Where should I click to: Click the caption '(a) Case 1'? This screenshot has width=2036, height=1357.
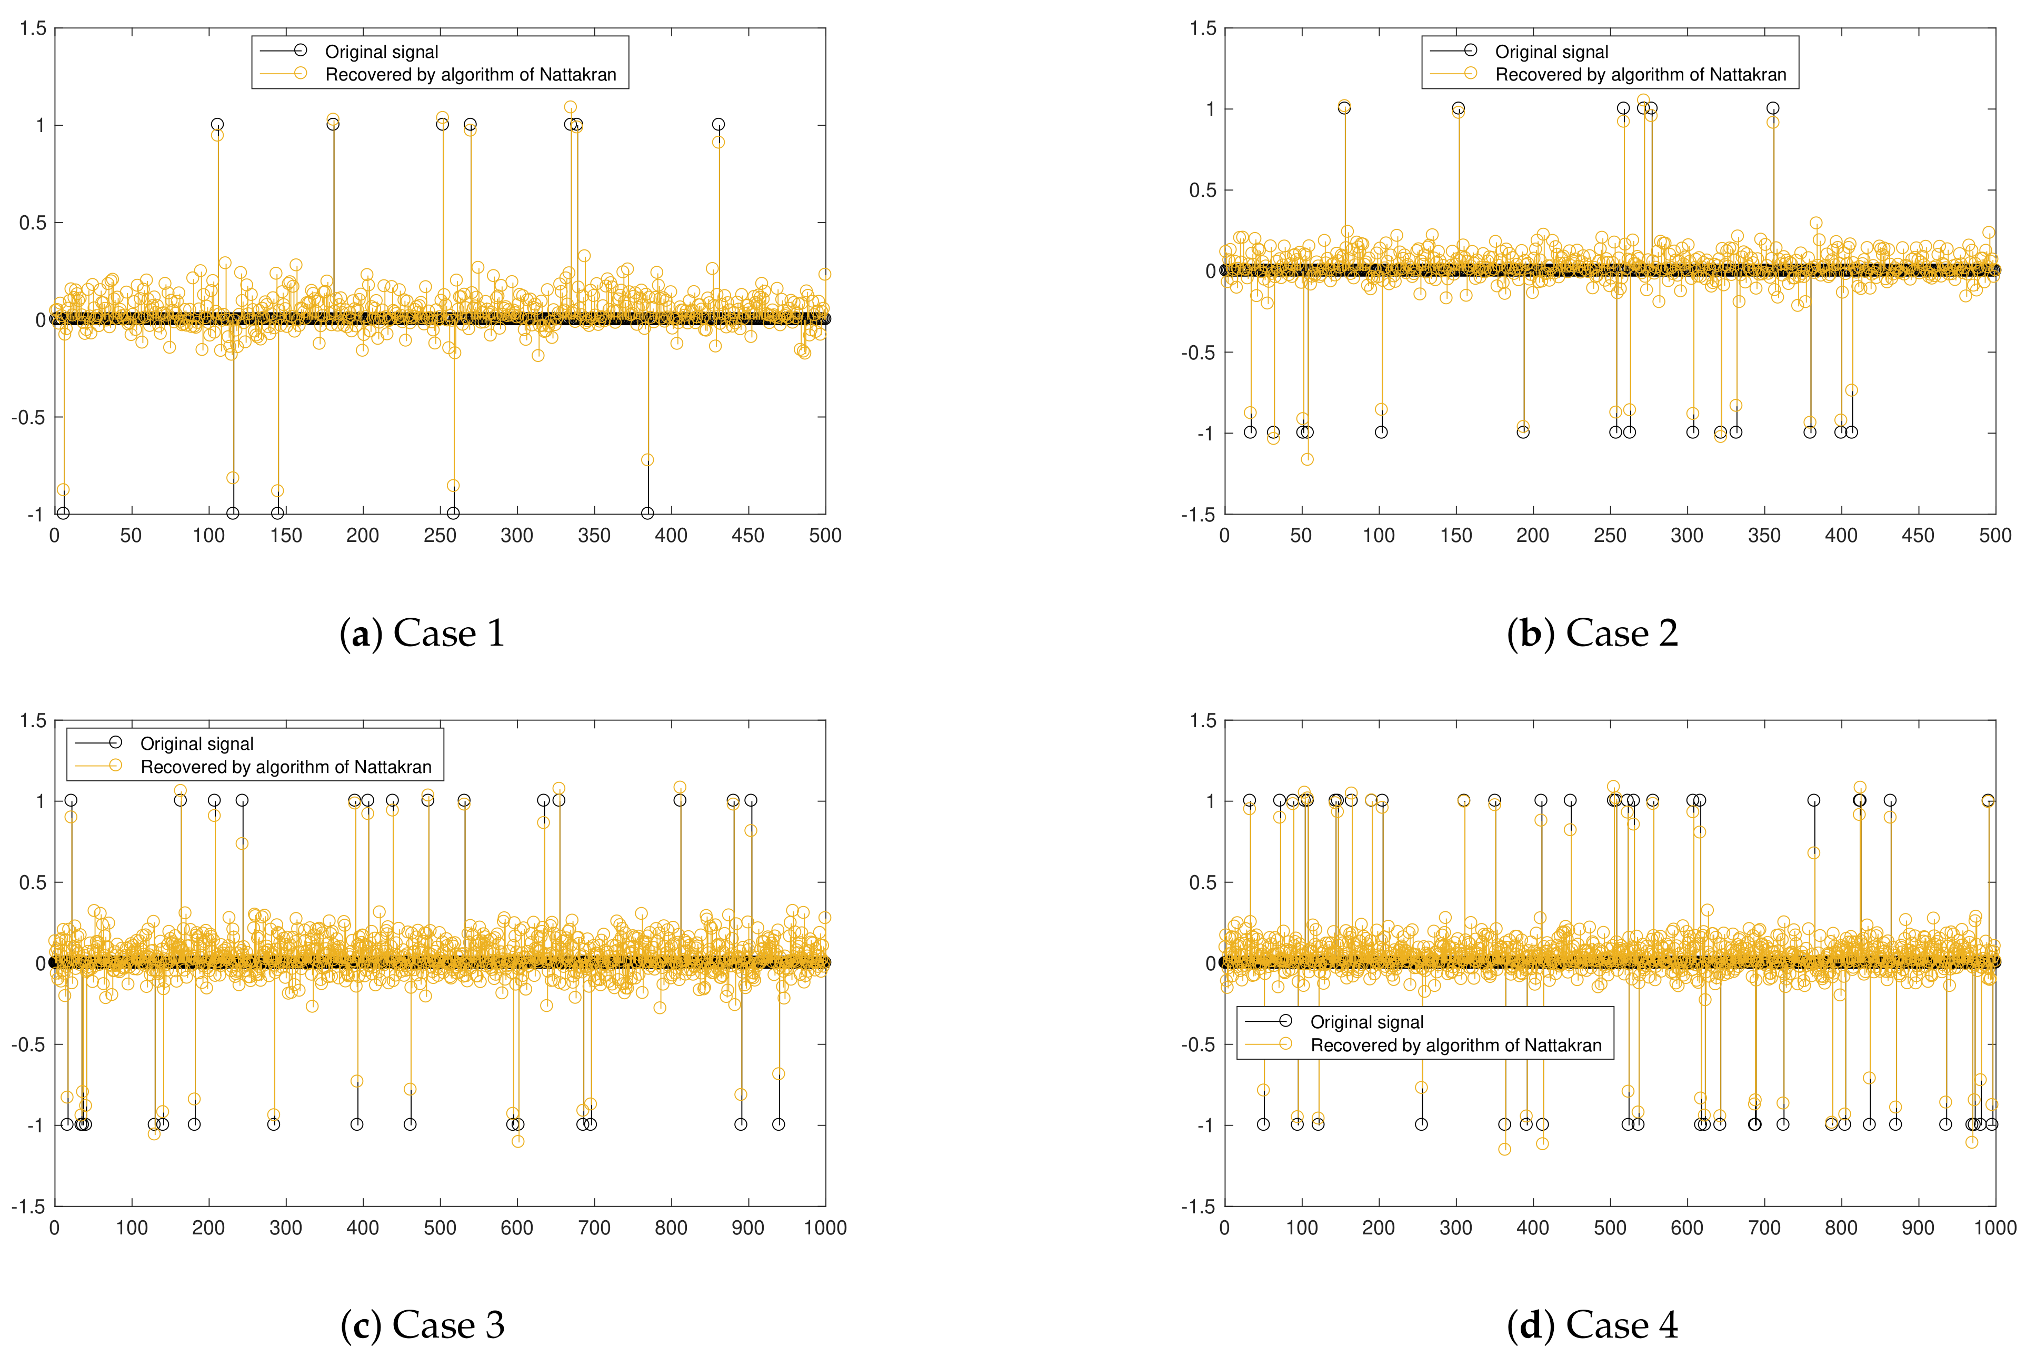pos(423,634)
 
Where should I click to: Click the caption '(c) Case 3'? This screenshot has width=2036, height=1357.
pos(423,1325)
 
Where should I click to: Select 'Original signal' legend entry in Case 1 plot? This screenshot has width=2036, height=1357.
pos(381,52)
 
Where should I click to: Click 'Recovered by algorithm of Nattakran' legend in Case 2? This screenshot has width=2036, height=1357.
pos(1640,74)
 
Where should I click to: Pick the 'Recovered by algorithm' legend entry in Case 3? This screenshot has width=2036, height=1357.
pos(286,767)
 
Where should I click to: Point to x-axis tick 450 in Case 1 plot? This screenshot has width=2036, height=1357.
pos(748,536)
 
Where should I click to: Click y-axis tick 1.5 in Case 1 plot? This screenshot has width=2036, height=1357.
pos(33,28)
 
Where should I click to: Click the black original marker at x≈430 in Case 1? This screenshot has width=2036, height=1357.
pos(717,125)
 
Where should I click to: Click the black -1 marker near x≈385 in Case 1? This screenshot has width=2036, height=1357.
pos(647,513)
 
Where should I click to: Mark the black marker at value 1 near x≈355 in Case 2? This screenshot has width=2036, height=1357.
pos(1773,108)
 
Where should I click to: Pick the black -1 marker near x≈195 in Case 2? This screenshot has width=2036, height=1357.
pos(1523,432)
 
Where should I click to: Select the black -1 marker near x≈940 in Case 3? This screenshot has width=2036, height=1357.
pos(778,1124)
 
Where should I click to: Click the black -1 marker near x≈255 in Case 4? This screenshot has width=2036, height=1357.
pos(1421,1124)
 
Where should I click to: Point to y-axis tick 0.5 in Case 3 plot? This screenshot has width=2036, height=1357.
pos(33,882)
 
